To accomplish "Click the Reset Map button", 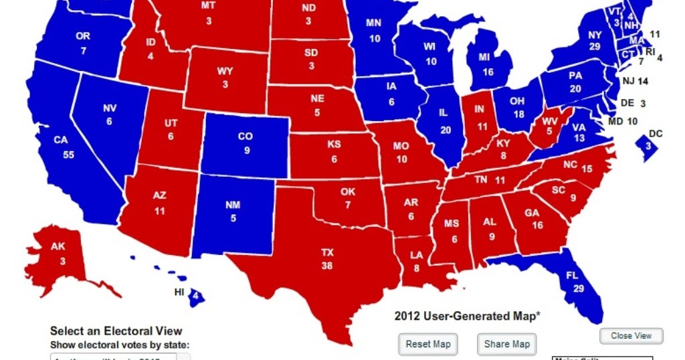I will (x=428, y=345).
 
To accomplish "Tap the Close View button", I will (x=631, y=336).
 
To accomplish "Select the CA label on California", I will (x=61, y=141).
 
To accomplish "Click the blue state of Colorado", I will (x=246, y=143).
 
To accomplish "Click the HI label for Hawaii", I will (x=179, y=292).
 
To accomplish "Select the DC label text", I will (x=656, y=133).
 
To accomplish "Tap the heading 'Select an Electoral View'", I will (x=116, y=331).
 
